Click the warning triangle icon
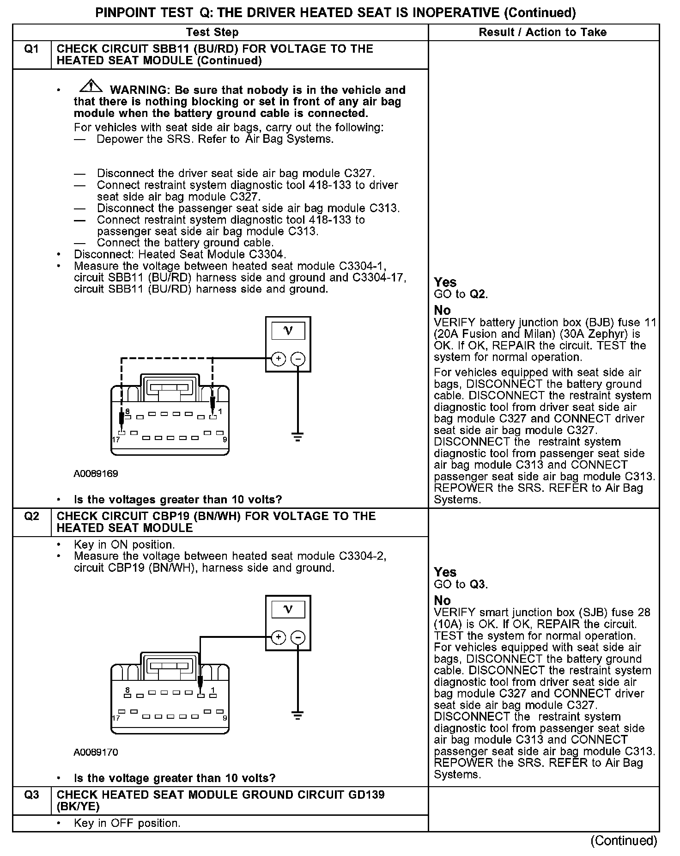(x=91, y=86)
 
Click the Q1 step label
(x=31, y=49)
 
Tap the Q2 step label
(x=31, y=517)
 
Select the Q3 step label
(x=31, y=795)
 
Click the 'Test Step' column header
(x=212, y=32)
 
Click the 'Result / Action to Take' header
(x=543, y=32)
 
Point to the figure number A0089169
(x=96, y=474)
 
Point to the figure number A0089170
(x=96, y=752)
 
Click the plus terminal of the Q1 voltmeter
(x=278, y=359)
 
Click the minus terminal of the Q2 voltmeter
(x=298, y=638)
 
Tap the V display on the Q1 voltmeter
(x=288, y=331)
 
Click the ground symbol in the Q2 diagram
(x=298, y=715)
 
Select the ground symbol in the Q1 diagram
(x=298, y=437)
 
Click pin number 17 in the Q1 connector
(x=116, y=440)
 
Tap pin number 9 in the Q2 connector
(x=225, y=718)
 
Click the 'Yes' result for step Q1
(x=445, y=282)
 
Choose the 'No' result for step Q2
(x=442, y=600)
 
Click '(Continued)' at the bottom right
(x=624, y=841)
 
